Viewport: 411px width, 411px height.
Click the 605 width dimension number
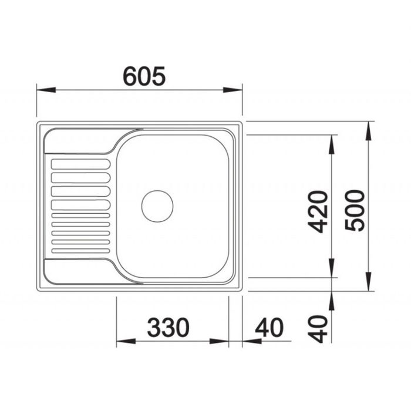click(144, 76)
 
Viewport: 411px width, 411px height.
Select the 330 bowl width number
click(168, 328)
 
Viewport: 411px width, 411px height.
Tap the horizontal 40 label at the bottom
click(269, 328)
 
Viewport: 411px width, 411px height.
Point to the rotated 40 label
click(318, 329)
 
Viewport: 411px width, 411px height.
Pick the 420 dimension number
click(318, 212)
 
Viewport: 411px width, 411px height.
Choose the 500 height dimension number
click(355, 210)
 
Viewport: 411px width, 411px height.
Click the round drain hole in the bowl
click(157, 206)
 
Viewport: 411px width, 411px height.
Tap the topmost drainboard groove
click(81, 164)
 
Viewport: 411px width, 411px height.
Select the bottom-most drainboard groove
click(81, 251)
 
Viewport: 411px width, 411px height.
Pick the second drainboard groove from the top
click(81, 178)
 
